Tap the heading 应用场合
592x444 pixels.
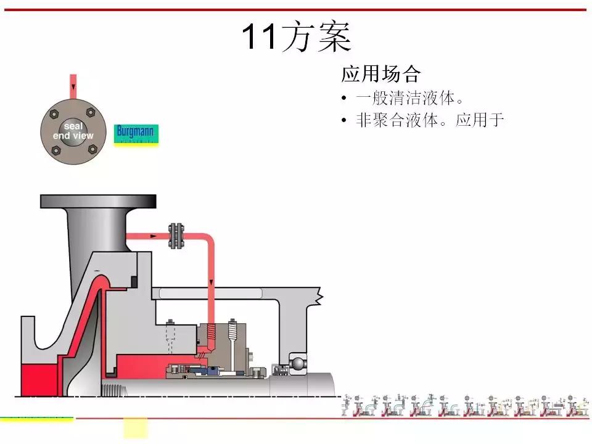(380, 75)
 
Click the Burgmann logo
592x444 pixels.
(136, 133)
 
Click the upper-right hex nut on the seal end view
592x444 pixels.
(91, 113)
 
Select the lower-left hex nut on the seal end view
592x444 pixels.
(55, 149)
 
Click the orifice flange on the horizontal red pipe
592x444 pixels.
(177, 236)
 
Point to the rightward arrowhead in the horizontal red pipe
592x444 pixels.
(152, 236)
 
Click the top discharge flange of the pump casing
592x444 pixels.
(97, 202)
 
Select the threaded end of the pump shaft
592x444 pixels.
(114, 390)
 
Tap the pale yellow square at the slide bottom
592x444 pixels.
(136, 427)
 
